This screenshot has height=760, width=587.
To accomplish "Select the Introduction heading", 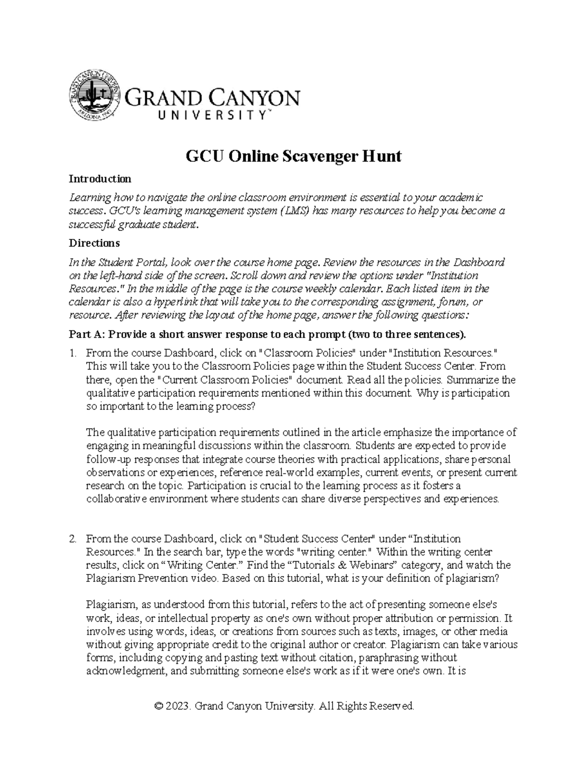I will [100, 179].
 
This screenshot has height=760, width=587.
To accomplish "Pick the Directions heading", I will [94, 243].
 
